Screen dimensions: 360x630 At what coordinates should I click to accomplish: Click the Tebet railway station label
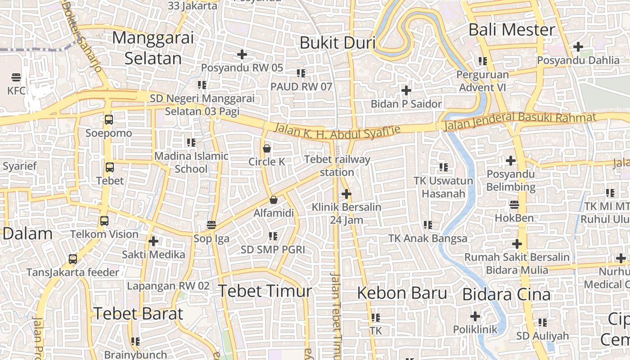click(337, 166)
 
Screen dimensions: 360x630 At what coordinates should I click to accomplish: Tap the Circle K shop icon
click(267, 148)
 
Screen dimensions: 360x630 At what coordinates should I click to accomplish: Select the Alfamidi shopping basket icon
click(273, 200)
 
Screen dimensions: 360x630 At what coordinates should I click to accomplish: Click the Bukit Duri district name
click(337, 43)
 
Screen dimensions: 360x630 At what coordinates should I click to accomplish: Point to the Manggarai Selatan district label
click(153, 48)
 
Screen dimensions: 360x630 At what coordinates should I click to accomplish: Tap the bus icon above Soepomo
click(109, 120)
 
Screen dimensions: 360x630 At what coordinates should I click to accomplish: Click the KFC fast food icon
click(17, 77)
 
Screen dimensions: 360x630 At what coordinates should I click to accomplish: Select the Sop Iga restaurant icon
click(211, 225)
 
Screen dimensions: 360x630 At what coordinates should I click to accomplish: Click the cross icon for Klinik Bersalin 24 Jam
click(346, 194)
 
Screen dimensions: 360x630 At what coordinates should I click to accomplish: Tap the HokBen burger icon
click(514, 205)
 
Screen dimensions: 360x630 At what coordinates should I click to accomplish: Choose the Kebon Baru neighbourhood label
click(402, 293)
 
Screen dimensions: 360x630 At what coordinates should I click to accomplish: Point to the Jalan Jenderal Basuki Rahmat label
click(520, 120)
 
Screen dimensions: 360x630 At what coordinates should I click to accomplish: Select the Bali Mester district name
click(512, 30)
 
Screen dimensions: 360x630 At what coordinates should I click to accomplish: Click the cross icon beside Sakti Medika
click(153, 241)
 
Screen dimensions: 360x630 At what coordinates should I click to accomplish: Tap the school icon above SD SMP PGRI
click(273, 236)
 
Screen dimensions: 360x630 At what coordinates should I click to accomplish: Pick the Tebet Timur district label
click(265, 291)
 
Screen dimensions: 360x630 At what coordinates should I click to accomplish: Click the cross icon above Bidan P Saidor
click(406, 90)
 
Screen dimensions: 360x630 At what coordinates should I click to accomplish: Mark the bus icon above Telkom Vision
click(104, 221)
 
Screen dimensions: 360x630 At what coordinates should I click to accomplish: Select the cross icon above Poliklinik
click(475, 316)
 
